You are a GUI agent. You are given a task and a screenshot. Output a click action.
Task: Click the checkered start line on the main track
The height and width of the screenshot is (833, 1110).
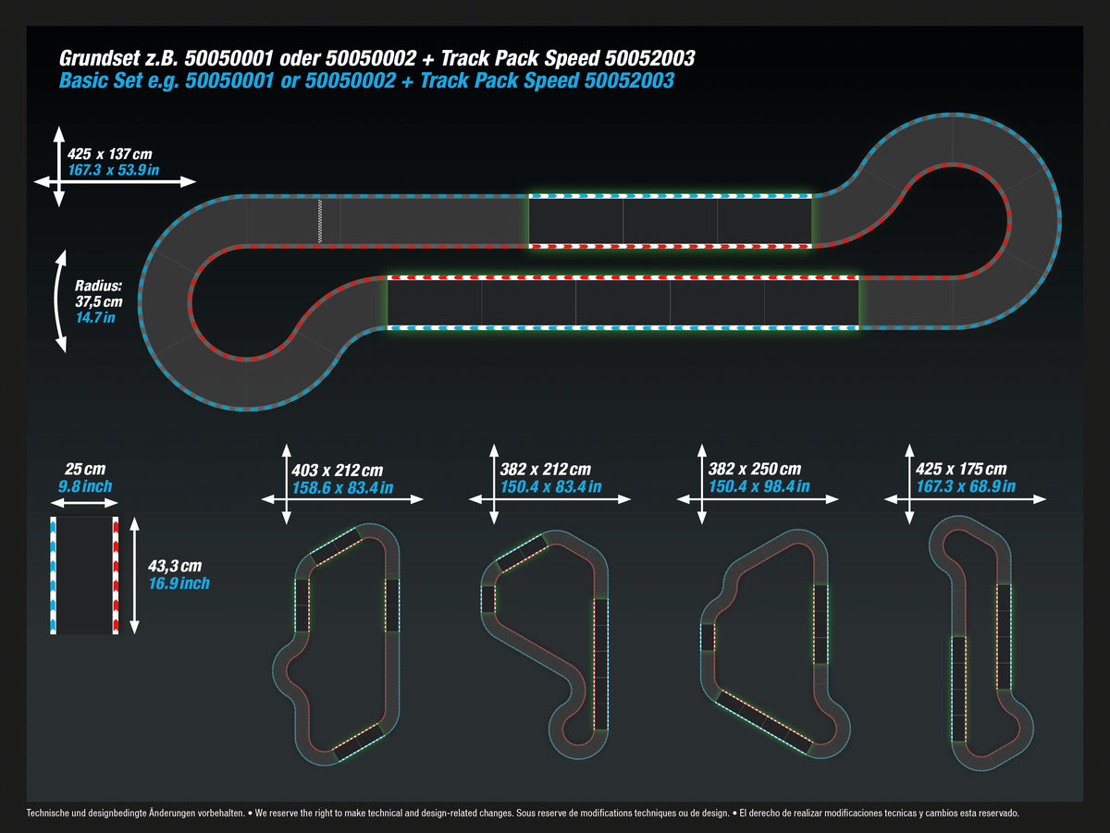(x=320, y=221)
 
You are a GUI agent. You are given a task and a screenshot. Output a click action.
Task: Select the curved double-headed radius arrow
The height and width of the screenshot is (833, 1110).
(x=60, y=300)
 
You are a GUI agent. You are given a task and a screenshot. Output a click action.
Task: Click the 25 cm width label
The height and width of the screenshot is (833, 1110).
(x=84, y=471)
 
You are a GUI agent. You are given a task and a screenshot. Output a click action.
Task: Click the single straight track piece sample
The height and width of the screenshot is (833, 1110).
(x=84, y=576)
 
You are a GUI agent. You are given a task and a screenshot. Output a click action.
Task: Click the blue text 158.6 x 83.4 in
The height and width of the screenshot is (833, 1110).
(x=342, y=487)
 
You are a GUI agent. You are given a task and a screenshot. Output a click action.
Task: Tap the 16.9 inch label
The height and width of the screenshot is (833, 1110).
(x=179, y=583)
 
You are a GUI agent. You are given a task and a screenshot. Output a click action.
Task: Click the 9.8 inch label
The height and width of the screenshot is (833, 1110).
(x=85, y=486)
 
